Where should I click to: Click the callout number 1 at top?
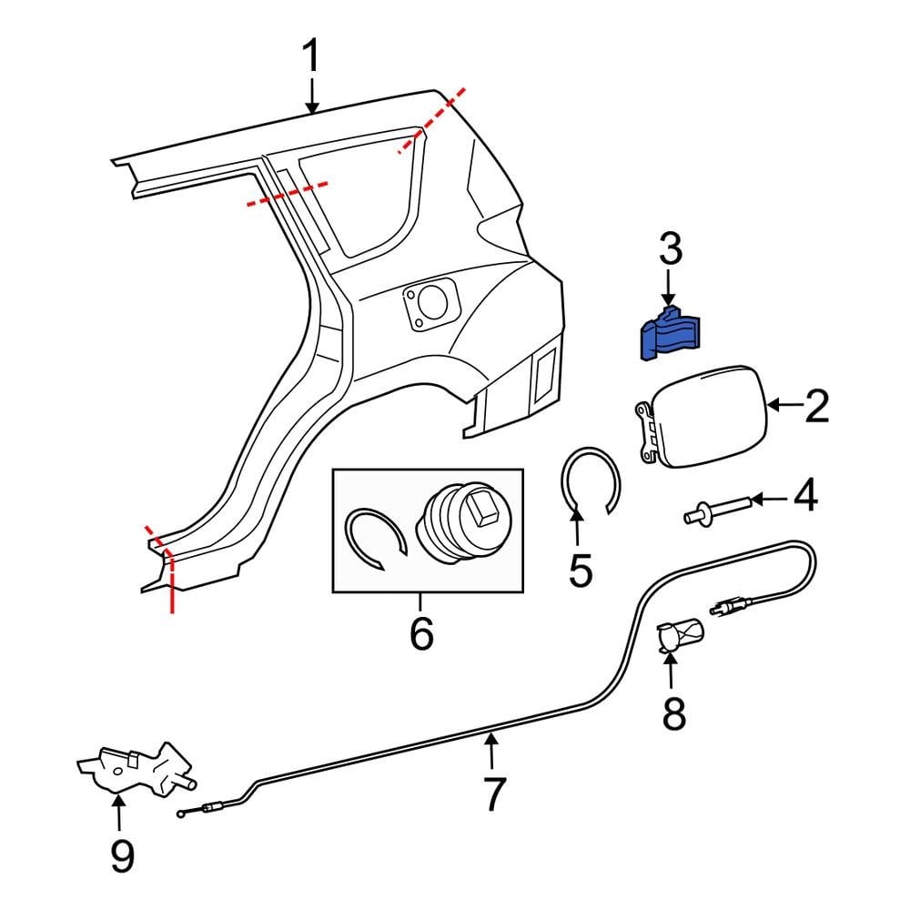[x=312, y=57]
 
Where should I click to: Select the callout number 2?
[x=816, y=407]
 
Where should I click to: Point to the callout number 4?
[x=805, y=497]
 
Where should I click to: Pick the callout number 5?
[x=580, y=569]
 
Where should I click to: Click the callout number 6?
[x=421, y=634]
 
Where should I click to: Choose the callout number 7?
[x=492, y=794]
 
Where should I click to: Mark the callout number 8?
[x=672, y=714]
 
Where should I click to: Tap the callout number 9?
[x=121, y=854]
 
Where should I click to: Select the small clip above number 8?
[x=682, y=634]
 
